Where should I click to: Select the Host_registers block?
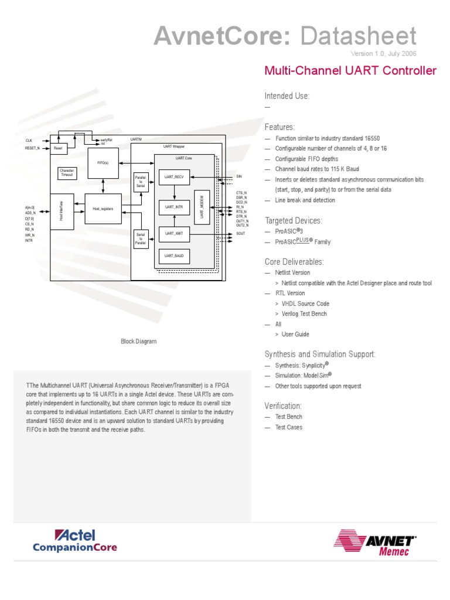coord(103,209)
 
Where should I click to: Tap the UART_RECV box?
coord(175,176)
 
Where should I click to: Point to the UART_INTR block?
coord(175,207)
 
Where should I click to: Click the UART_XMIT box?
coord(175,234)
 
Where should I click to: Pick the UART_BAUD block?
coord(175,256)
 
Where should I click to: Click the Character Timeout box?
coord(67,173)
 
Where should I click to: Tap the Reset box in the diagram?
coord(59,149)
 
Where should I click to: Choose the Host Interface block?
coord(62,210)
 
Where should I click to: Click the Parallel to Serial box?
coord(141,181)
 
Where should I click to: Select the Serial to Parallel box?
coord(141,238)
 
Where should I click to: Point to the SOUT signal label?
coord(241,234)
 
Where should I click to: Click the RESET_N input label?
coord(33,148)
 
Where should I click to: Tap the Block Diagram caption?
coord(139,342)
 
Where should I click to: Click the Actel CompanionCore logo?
coord(75,541)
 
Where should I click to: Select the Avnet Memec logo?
coord(375,543)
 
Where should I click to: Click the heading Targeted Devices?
coord(294,220)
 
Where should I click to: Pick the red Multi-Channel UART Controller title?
coord(350,71)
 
